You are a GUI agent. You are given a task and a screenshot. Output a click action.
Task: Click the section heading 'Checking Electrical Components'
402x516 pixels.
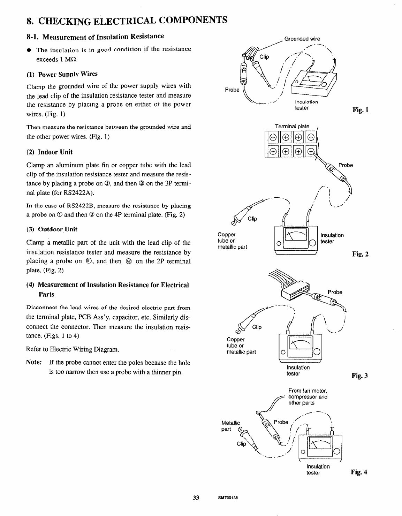click(127, 20)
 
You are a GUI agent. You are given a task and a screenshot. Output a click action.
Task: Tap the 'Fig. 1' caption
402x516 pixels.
click(361, 111)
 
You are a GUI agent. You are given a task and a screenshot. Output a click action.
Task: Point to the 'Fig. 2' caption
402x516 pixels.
click(361, 254)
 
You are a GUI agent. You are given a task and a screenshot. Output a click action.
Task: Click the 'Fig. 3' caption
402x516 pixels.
click(361, 376)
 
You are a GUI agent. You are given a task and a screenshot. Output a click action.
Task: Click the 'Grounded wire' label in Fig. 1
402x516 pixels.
click(302, 39)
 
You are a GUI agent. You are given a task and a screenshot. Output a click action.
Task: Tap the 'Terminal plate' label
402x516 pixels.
click(292, 126)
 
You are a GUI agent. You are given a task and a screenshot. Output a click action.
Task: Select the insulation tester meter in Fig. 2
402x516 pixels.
click(296, 241)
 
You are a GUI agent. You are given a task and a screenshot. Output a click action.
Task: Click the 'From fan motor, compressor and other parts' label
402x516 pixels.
click(308, 397)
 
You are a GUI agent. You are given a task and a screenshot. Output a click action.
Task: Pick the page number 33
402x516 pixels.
click(196, 498)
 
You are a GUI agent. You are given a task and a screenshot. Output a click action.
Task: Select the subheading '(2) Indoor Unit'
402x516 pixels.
click(50, 152)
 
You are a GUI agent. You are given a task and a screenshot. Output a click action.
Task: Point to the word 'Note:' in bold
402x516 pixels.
click(35, 363)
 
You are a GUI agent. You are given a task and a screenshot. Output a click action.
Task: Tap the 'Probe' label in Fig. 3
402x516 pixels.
click(335, 292)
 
